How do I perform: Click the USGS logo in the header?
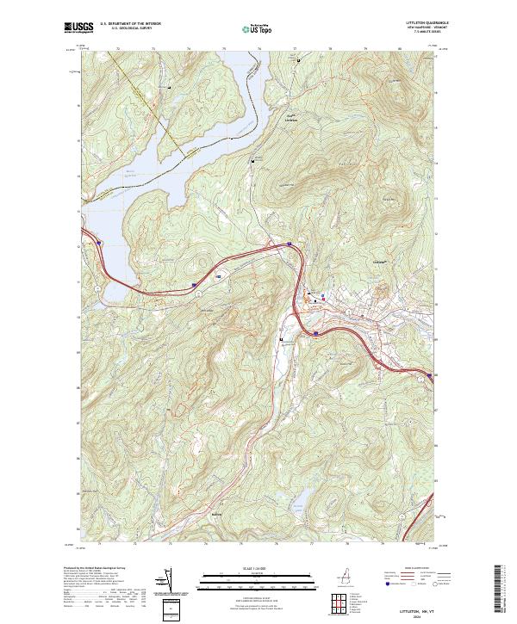[x=78, y=28]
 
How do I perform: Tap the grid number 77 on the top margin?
[x=296, y=49]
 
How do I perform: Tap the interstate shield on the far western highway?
[x=98, y=244]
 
